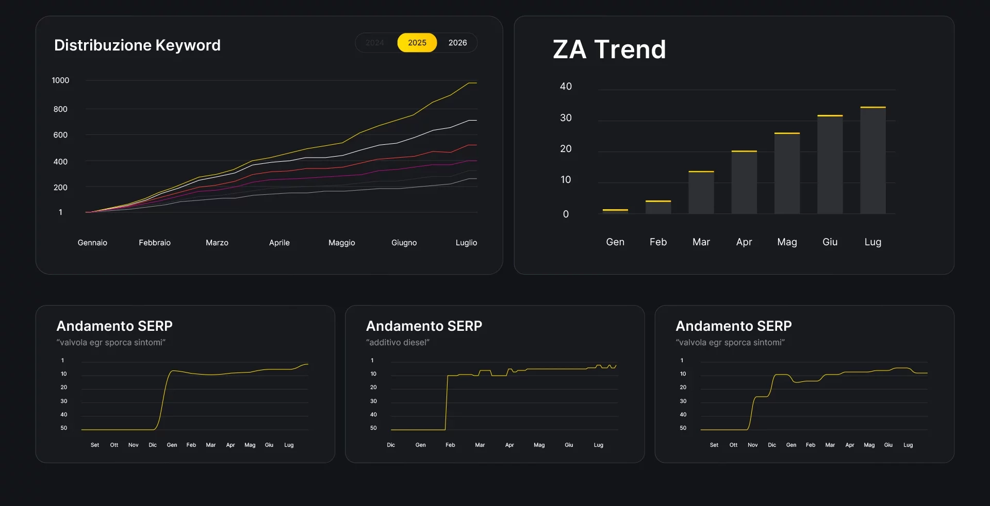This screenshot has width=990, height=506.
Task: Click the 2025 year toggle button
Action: click(x=417, y=43)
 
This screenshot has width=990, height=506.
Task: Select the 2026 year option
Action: click(x=457, y=43)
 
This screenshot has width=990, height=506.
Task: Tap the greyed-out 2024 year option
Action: click(x=375, y=43)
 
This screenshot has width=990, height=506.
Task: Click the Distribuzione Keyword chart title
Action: click(x=137, y=45)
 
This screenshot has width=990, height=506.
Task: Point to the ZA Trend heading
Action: click(x=609, y=49)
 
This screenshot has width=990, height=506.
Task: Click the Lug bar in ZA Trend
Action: click(x=873, y=160)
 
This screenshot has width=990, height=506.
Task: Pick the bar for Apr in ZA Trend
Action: click(x=744, y=182)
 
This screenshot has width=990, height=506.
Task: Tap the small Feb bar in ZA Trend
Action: click(x=658, y=207)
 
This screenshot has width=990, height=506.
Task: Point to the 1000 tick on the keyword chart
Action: click(x=60, y=80)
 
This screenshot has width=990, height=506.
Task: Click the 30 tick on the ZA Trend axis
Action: click(x=566, y=118)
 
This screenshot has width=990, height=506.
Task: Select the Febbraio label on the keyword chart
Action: click(x=155, y=243)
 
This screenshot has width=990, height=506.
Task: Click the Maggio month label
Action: click(x=341, y=243)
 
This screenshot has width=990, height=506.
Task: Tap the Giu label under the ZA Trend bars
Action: click(x=830, y=242)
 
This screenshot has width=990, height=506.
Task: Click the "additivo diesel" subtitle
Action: click(x=398, y=343)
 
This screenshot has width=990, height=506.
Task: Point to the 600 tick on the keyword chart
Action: click(x=60, y=135)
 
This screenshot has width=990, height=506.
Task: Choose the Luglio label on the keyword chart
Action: click(x=466, y=243)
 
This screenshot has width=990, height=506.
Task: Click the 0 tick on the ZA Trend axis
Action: click(x=566, y=214)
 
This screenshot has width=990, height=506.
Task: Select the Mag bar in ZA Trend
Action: click(x=787, y=174)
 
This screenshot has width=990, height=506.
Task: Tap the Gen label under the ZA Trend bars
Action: click(x=615, y=242)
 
